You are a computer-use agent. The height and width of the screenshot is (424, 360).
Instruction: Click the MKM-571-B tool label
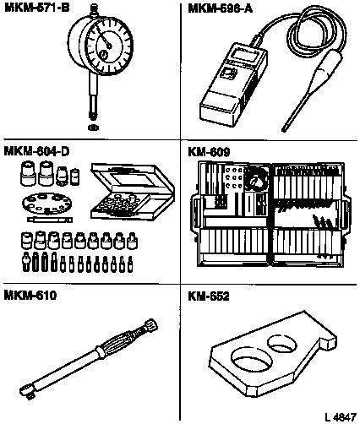pos(37,8)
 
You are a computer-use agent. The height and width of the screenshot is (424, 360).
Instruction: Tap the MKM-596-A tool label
pos(220,8)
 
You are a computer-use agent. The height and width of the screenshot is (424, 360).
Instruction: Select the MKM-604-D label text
pos(36,151)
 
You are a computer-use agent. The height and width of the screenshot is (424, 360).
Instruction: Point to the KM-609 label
pos(209,152)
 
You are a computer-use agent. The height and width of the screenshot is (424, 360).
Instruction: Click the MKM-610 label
pos(30,295)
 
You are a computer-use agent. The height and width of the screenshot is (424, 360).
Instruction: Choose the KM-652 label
pos(209,296)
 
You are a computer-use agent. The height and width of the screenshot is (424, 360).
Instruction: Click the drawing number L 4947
pos(341,416)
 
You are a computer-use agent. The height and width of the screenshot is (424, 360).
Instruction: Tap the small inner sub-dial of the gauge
pos(104,54)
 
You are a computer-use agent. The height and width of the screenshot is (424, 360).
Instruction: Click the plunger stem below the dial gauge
pos(92,95)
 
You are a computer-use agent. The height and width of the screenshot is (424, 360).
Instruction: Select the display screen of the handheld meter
pos(244,55)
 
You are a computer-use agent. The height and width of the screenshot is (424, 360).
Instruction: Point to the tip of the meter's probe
pos(284,130)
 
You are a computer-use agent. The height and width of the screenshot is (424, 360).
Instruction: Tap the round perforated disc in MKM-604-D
pos(46,204)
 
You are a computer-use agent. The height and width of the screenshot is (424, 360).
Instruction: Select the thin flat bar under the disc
pos(50,220)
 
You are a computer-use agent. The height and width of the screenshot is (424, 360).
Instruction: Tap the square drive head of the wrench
pos(27,391)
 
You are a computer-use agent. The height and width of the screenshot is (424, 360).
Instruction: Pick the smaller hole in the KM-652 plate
pos(282,344)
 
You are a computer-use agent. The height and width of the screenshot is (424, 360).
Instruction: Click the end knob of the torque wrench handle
pos(150,324)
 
